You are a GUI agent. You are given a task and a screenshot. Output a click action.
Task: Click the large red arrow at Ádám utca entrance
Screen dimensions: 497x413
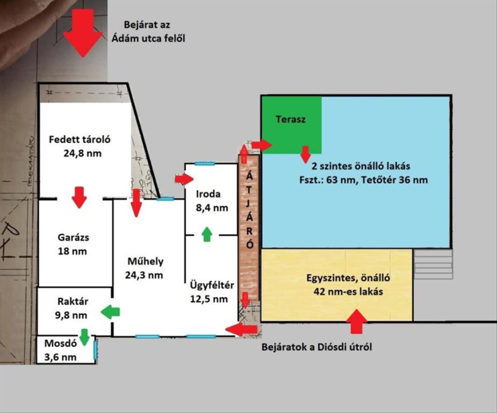(x=83, y=33)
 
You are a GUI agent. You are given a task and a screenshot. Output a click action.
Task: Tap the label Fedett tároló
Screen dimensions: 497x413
(x=80, y=140)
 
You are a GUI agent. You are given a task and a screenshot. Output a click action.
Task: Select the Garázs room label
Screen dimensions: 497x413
(x=73, y=238)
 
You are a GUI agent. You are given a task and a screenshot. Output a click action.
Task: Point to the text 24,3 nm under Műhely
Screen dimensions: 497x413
(x=144, y=275)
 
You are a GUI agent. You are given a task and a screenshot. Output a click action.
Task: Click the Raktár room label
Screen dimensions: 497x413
(x=73, y=301)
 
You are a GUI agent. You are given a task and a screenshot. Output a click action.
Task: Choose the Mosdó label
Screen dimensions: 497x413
(x=60, y=343)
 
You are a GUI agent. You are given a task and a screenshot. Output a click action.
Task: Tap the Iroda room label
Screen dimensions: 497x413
(x=208, y=194)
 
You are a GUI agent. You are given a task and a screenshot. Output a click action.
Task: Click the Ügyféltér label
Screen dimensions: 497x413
(x=212, y=285)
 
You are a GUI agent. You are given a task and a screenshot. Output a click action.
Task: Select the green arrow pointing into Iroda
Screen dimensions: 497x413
(x=207, y=234)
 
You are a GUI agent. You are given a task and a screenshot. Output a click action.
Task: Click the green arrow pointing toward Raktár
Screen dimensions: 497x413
(x=110, y=312)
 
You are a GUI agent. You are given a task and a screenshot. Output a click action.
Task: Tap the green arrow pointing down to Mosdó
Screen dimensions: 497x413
(x=84, y=337)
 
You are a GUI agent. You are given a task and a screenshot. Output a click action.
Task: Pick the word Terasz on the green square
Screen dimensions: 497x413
(x=290, y=119)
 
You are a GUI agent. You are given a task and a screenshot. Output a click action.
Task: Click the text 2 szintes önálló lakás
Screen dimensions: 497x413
(x=361, y=166)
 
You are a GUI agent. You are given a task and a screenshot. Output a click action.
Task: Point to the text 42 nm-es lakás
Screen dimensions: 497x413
(x=348, y=292)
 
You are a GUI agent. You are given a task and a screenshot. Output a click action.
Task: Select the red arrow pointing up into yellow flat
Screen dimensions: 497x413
(x=356, y=321)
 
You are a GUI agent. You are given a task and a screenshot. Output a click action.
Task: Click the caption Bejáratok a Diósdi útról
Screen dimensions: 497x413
(x=316, y=347)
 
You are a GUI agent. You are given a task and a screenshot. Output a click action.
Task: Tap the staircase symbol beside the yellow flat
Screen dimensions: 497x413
(x=433, y=264)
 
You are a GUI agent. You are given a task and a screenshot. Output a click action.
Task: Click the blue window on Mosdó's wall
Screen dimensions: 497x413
(x=95, y=350)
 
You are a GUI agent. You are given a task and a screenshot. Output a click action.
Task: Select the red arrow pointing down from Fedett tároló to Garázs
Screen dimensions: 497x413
(x=79, y=197)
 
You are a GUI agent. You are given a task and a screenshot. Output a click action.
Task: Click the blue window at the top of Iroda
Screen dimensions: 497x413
(x=205, y=163)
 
